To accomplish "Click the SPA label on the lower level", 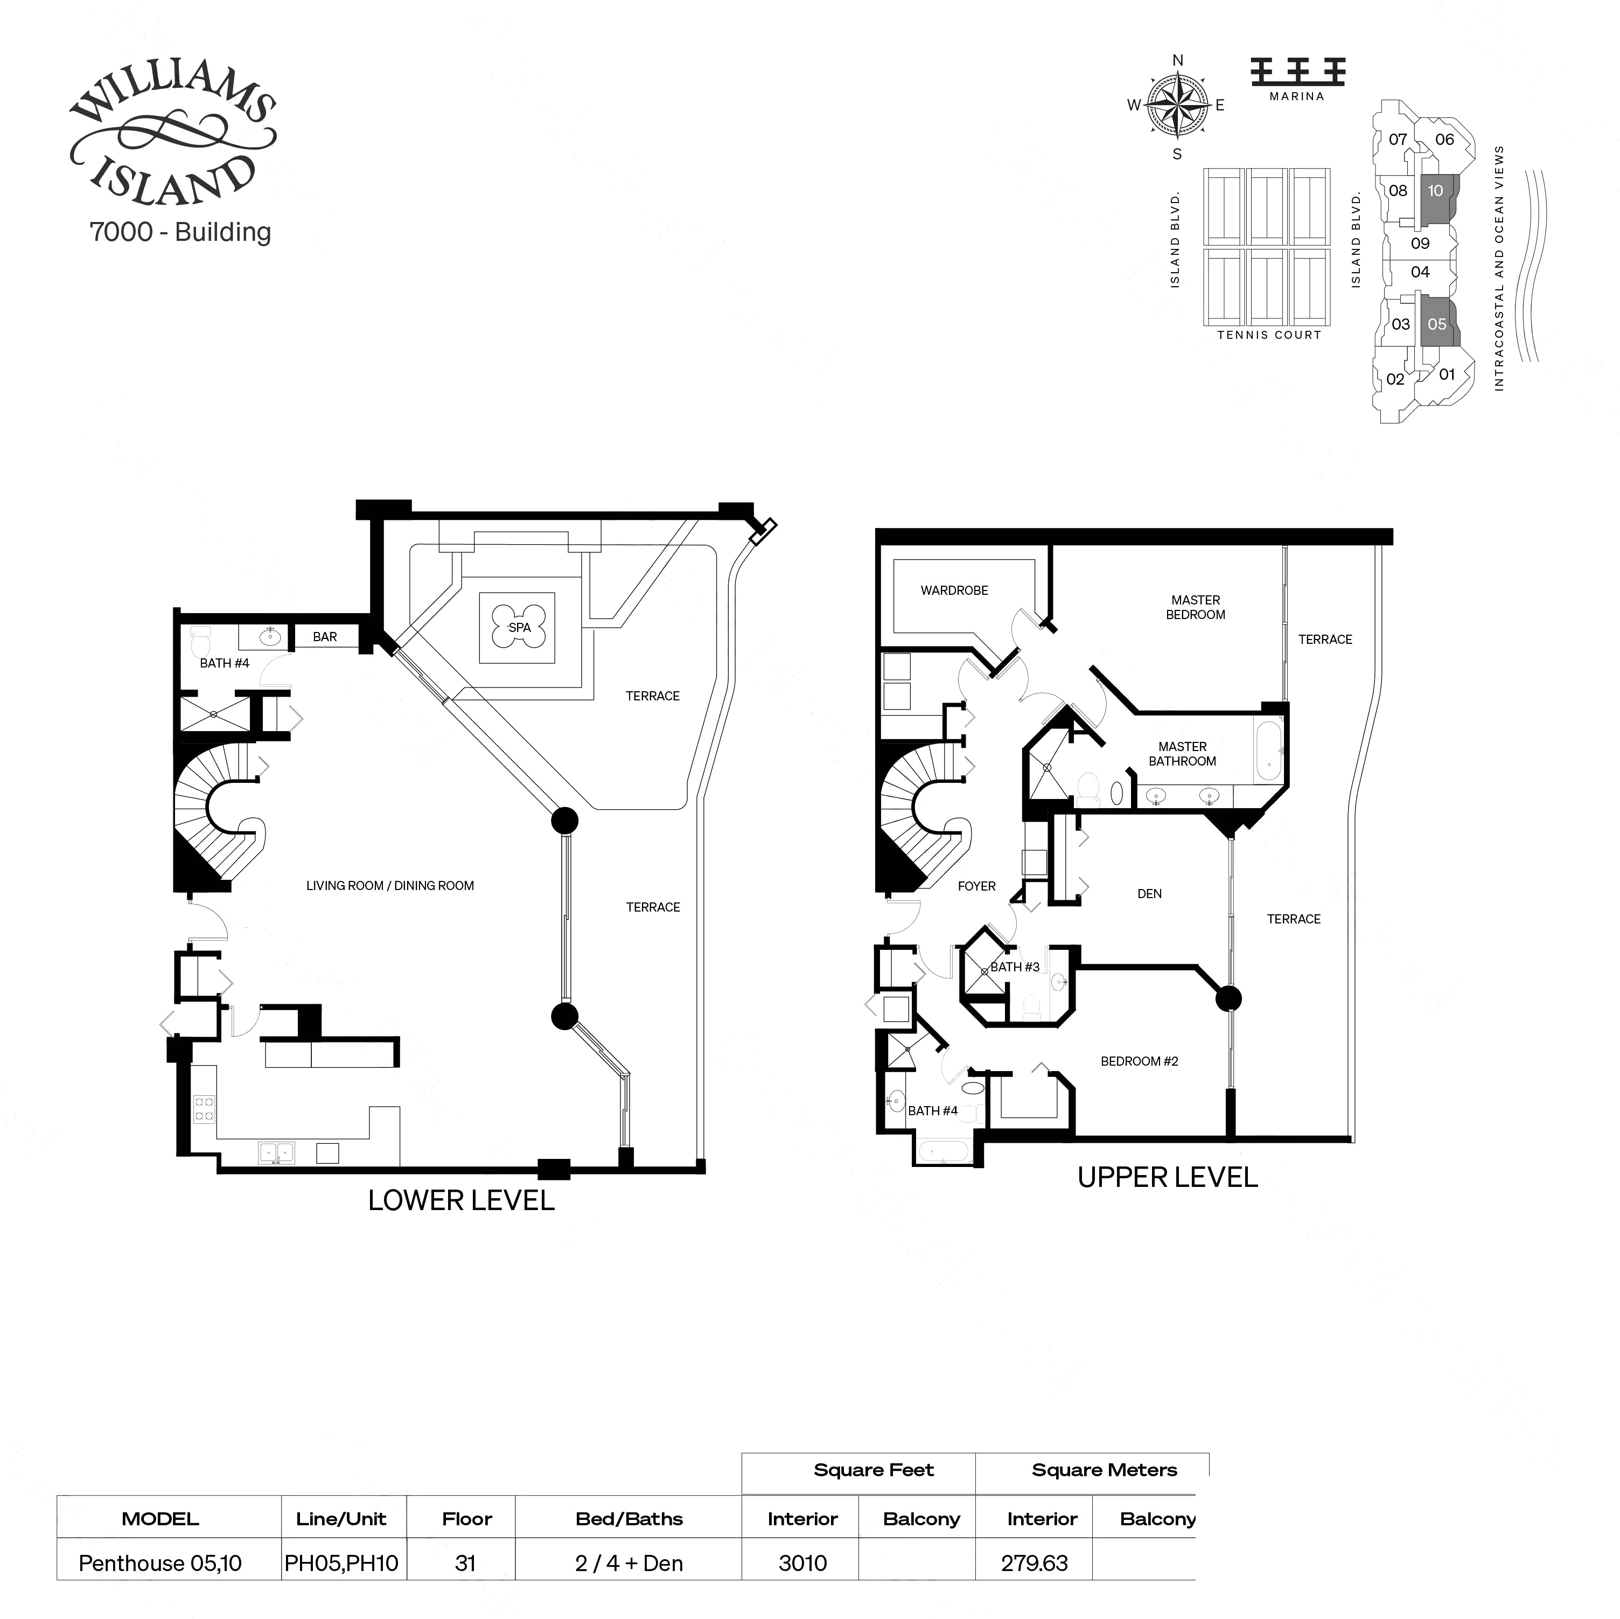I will [519, 628].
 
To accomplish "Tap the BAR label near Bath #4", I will [325, 637].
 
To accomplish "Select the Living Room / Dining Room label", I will [390, 886].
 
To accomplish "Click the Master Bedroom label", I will [1196, 607].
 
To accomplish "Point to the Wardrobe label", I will [954, 590].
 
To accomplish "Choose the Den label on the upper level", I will [1150, 894].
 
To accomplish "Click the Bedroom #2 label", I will [1140, 1061].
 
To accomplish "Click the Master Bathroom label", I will [1182, 754].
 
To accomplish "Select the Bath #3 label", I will [1015, 967].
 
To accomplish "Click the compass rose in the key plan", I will [1177, 106].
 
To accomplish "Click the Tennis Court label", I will [1269, 335].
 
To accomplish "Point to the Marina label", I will [1296, 96].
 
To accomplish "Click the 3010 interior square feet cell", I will [802, 1564].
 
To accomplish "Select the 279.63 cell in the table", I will [1035, 1564].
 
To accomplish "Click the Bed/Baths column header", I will [629, 1519].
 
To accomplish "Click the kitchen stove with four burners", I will [204, 1109].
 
